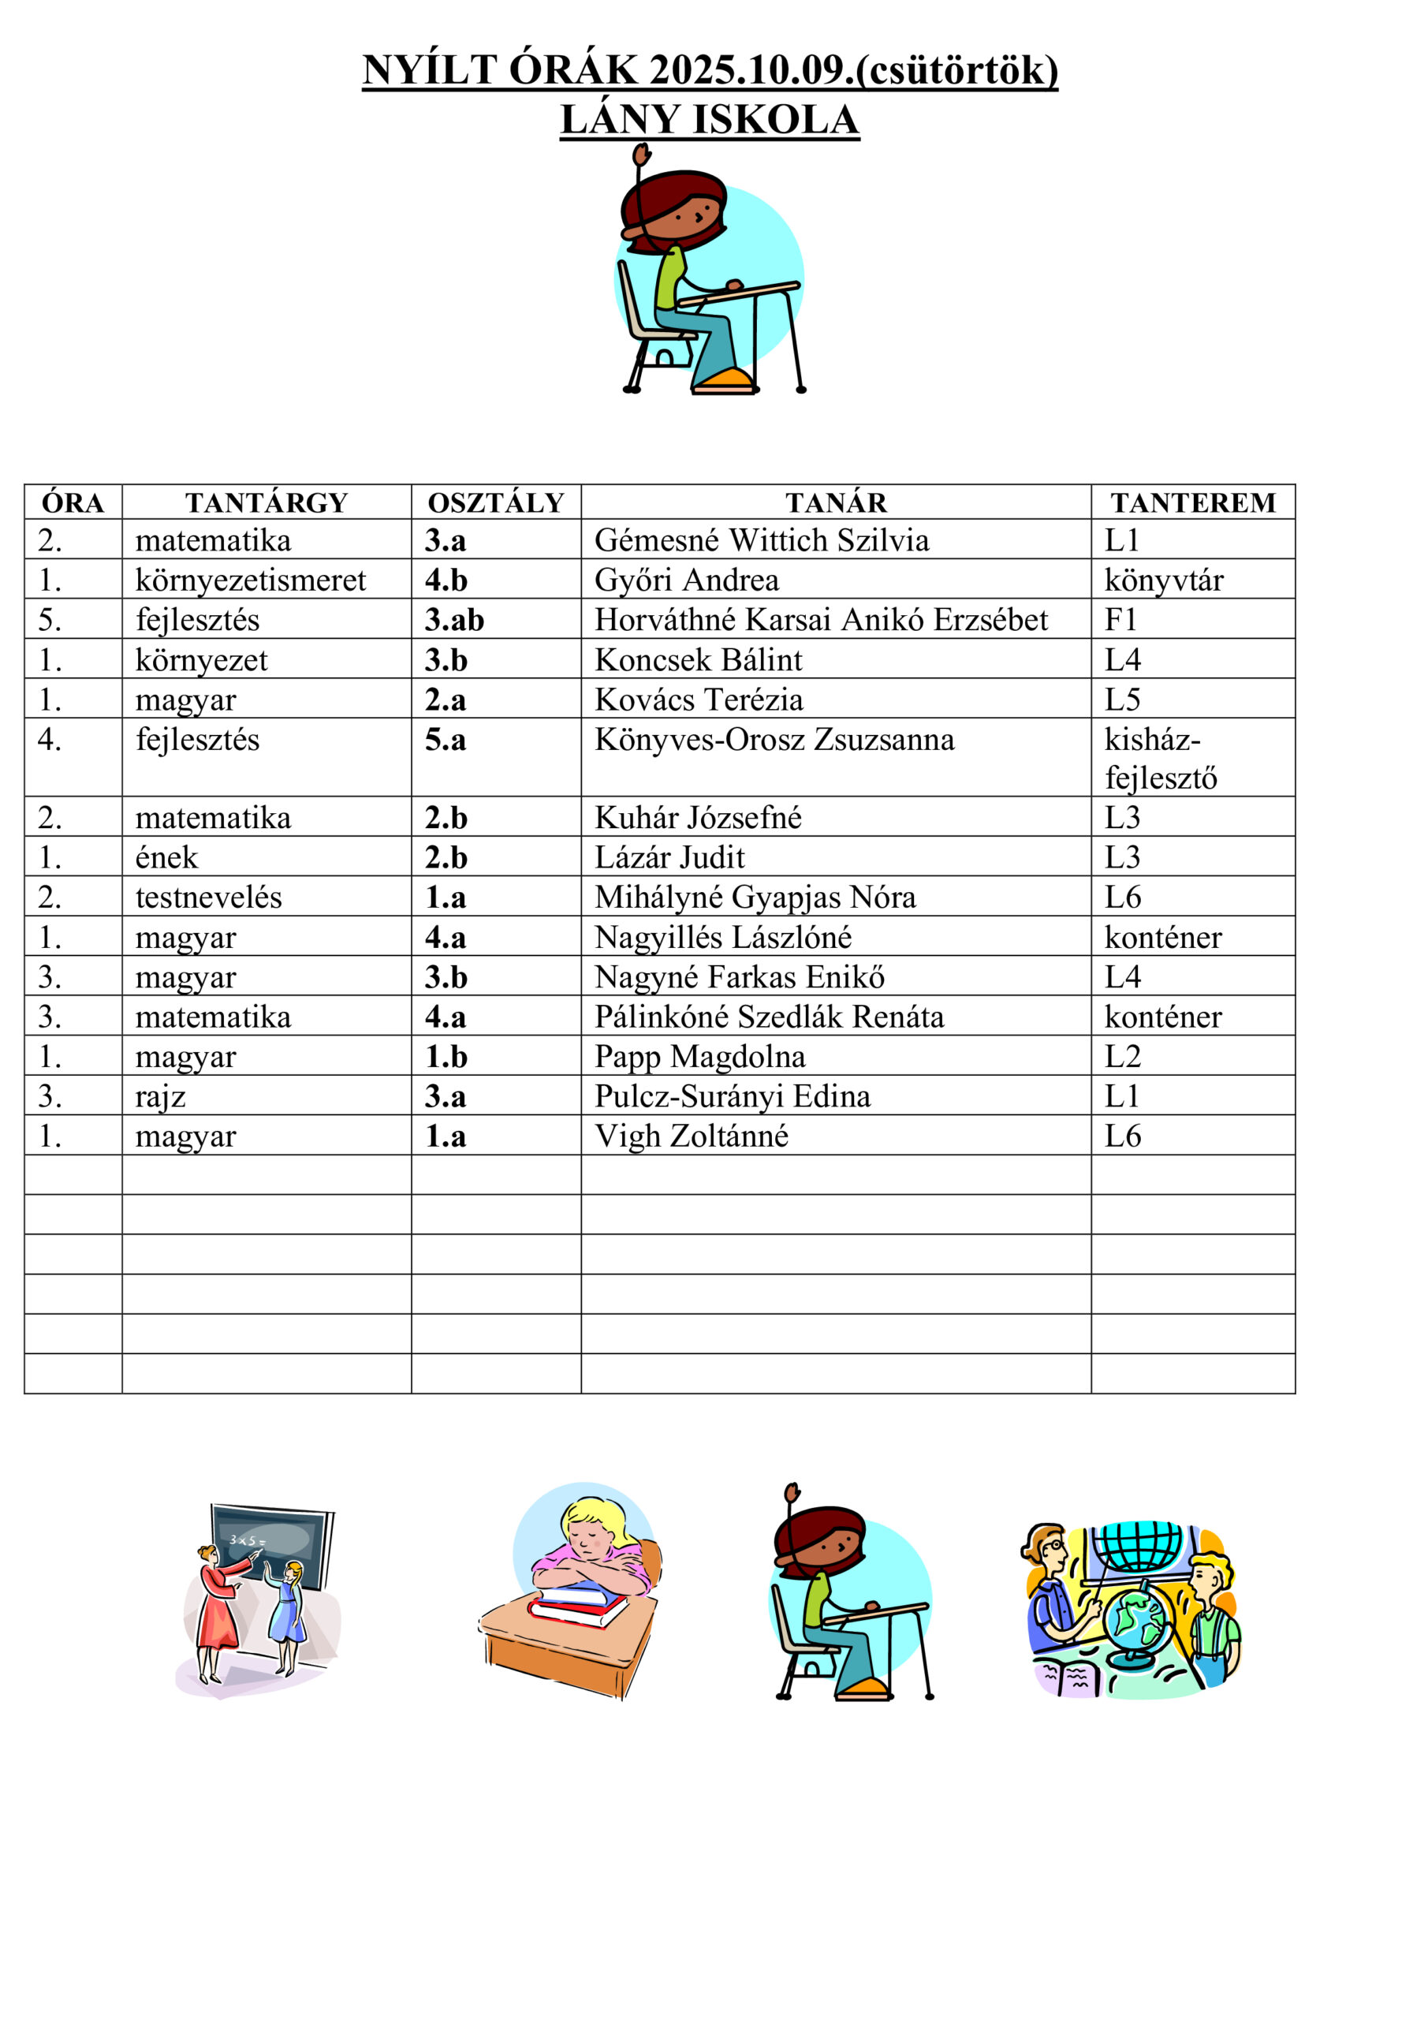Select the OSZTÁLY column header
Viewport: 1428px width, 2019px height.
click(496, 502)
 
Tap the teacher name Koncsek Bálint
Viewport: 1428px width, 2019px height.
click(698, 659)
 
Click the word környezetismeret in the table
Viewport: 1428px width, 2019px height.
click(251, 580)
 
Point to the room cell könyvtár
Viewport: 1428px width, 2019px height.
click(1163, 580)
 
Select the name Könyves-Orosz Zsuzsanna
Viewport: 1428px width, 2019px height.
click(774, 740)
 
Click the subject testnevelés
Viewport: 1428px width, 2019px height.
click(208, 897)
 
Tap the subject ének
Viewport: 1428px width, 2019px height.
click(167, 857)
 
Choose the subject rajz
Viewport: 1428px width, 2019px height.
click(160, 1096)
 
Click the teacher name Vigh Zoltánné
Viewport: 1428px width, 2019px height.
click(692, 1136)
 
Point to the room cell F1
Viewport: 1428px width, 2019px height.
click(1121, 620)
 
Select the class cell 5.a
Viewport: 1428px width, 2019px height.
click(446, 740)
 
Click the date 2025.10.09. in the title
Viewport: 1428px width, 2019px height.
click(751, 69)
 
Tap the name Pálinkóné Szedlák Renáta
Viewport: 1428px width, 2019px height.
click(770, 1017)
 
